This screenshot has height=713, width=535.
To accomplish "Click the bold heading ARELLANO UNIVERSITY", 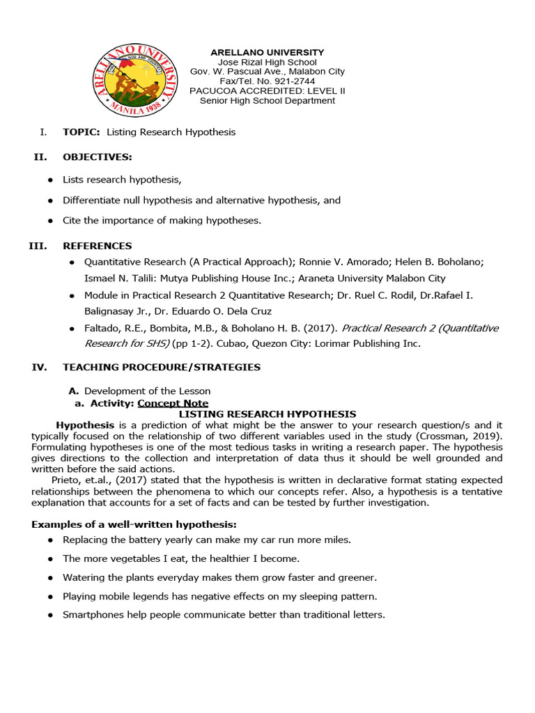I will point(267,52).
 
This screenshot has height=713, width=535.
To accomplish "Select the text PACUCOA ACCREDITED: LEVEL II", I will point(267,91).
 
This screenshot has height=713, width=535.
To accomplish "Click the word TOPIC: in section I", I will point(82,132).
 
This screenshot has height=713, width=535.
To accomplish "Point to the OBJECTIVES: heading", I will point(97,157).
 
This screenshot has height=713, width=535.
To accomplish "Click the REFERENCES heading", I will point(97,246).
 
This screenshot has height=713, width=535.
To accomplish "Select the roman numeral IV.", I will point(39,367).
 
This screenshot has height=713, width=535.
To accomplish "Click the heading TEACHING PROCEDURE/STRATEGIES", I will point(162,367).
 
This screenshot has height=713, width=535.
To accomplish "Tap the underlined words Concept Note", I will point(173,403).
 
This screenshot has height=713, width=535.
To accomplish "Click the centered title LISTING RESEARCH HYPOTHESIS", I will point(267,414).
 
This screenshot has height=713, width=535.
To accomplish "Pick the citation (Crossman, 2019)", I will point(463,436).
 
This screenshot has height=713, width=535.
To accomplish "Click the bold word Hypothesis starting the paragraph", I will point(85,425).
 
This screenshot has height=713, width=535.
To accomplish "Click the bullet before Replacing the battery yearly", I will point(51,540).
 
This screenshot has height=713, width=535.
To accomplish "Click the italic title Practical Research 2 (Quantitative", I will point(420,328).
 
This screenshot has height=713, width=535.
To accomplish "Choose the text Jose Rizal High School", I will point(267,62).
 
